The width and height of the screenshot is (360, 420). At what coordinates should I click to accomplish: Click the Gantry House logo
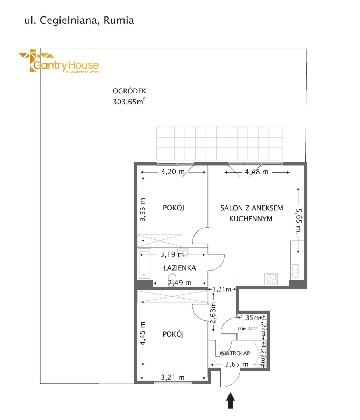[x=59, y=61]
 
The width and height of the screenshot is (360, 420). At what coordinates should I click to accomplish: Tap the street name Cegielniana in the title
[x=68, y=21]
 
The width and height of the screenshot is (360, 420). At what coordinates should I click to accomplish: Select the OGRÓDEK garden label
[x=129, y=91]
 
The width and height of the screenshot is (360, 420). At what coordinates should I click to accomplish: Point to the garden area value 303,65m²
[x=129, y=101]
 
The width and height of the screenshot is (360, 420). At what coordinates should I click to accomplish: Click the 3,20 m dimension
[x=173, y=172]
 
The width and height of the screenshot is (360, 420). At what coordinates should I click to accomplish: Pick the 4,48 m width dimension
[x=256, y=172]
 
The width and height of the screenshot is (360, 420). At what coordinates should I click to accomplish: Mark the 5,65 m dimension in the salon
[x=299, y=222]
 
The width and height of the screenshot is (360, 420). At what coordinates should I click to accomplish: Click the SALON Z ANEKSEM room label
[x=252, y=208]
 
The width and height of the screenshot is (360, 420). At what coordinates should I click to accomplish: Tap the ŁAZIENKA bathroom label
[x=179, y=268]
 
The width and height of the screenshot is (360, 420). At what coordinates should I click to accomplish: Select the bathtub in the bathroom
[x=144, y=265]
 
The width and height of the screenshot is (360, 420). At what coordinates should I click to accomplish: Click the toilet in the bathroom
[x=172, y=278]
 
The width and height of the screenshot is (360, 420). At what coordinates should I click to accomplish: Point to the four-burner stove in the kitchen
[x=271, y=279]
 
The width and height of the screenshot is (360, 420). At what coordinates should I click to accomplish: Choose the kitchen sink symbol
[x=295, y=271]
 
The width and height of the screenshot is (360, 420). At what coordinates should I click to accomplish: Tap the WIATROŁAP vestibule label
[x=235, y=359]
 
